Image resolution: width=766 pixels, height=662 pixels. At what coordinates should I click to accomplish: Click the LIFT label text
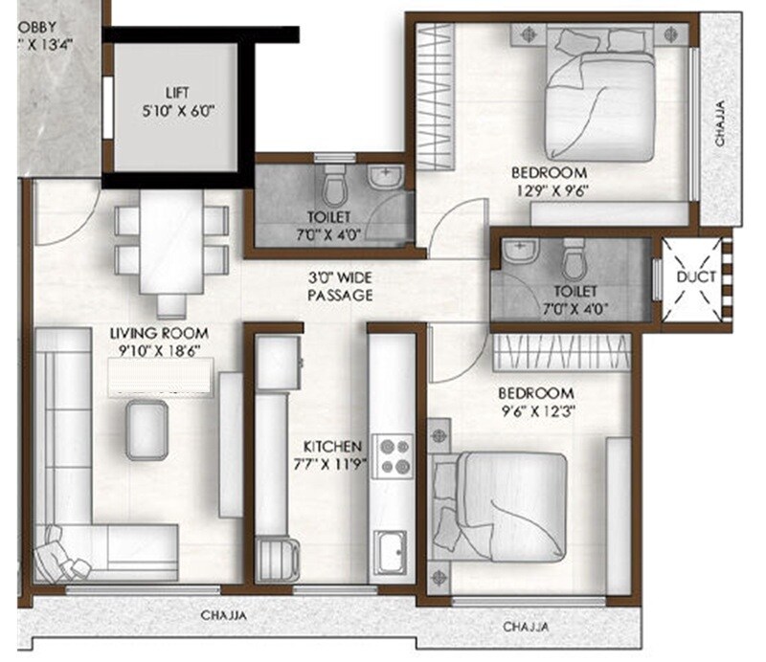176,93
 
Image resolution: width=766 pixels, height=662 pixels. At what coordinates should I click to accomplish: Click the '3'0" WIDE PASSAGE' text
340,287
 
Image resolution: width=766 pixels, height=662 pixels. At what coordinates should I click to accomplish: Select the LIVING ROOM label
159,333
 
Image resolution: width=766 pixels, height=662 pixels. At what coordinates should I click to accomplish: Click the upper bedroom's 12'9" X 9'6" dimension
549,190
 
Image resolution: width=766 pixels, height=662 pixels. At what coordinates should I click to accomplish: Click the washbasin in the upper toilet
386,177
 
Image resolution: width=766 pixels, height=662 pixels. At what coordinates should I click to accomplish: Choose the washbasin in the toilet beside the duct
518,253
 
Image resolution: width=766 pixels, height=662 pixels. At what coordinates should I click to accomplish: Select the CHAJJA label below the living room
224,616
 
